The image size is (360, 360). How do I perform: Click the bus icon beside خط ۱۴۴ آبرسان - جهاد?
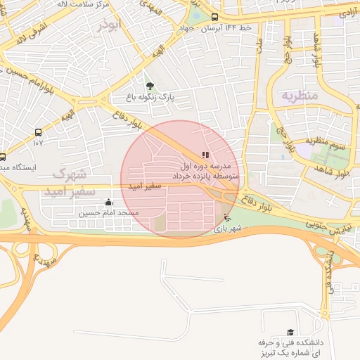[x=214, y=18]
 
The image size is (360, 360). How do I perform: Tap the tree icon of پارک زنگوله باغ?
[x=148, y=86]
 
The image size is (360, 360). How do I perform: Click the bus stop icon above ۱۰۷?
[x=38, y=131]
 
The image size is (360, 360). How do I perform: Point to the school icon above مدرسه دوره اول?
[x=205, y=155]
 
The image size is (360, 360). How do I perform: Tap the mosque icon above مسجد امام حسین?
[x=108, y=202]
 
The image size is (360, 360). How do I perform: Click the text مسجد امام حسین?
[x=108, y=212]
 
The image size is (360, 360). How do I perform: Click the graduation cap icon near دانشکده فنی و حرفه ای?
[x=290, y=332]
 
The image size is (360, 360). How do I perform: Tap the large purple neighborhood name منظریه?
[x=300, y=94]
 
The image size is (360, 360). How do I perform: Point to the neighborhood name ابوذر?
[x=110, y=26]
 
